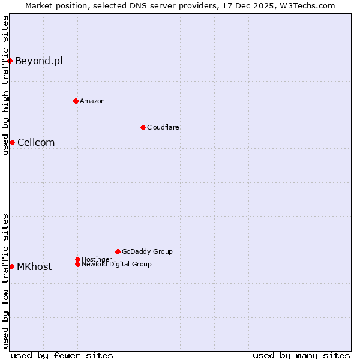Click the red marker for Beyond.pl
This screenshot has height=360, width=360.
coord(10,61)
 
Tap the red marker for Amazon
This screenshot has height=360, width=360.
coord(76,101)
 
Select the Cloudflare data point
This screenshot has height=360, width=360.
coord(143,127)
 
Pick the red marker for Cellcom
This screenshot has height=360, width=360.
coord(12,142)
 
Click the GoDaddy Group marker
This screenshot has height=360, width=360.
coord(118,251)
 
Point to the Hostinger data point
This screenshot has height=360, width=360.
coord(77,259)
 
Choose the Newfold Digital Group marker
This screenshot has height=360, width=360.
coord(77,264)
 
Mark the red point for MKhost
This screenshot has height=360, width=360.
coord(11,266)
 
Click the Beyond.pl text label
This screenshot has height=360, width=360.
coord(38,61)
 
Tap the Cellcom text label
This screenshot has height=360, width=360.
coord(36,142)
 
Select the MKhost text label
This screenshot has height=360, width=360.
coord(34,267)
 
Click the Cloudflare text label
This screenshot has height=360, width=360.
coord(163,127)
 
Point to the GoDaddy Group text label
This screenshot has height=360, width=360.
coord(147,251)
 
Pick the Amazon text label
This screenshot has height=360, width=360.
coord(92,101)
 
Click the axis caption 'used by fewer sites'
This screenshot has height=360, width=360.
coord(62,355)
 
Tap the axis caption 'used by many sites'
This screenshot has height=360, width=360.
coord(301,355)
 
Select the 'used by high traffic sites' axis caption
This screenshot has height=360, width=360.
coord(6,85)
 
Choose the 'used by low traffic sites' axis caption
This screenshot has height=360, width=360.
coord(6,281)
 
